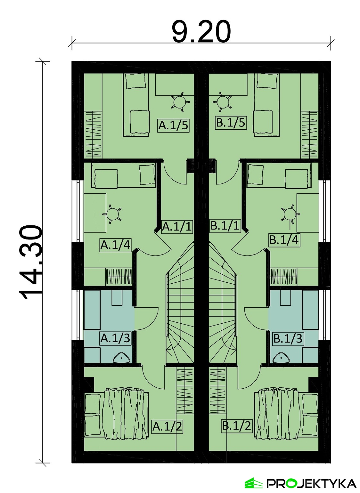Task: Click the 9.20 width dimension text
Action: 201,32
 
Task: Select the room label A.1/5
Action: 174,126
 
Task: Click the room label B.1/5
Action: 231,123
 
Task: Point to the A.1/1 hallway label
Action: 177,226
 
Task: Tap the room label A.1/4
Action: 116,245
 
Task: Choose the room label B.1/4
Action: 284,240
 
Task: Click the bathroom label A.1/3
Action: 116,339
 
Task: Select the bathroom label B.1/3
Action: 288,339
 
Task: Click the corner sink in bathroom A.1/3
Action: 122,359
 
